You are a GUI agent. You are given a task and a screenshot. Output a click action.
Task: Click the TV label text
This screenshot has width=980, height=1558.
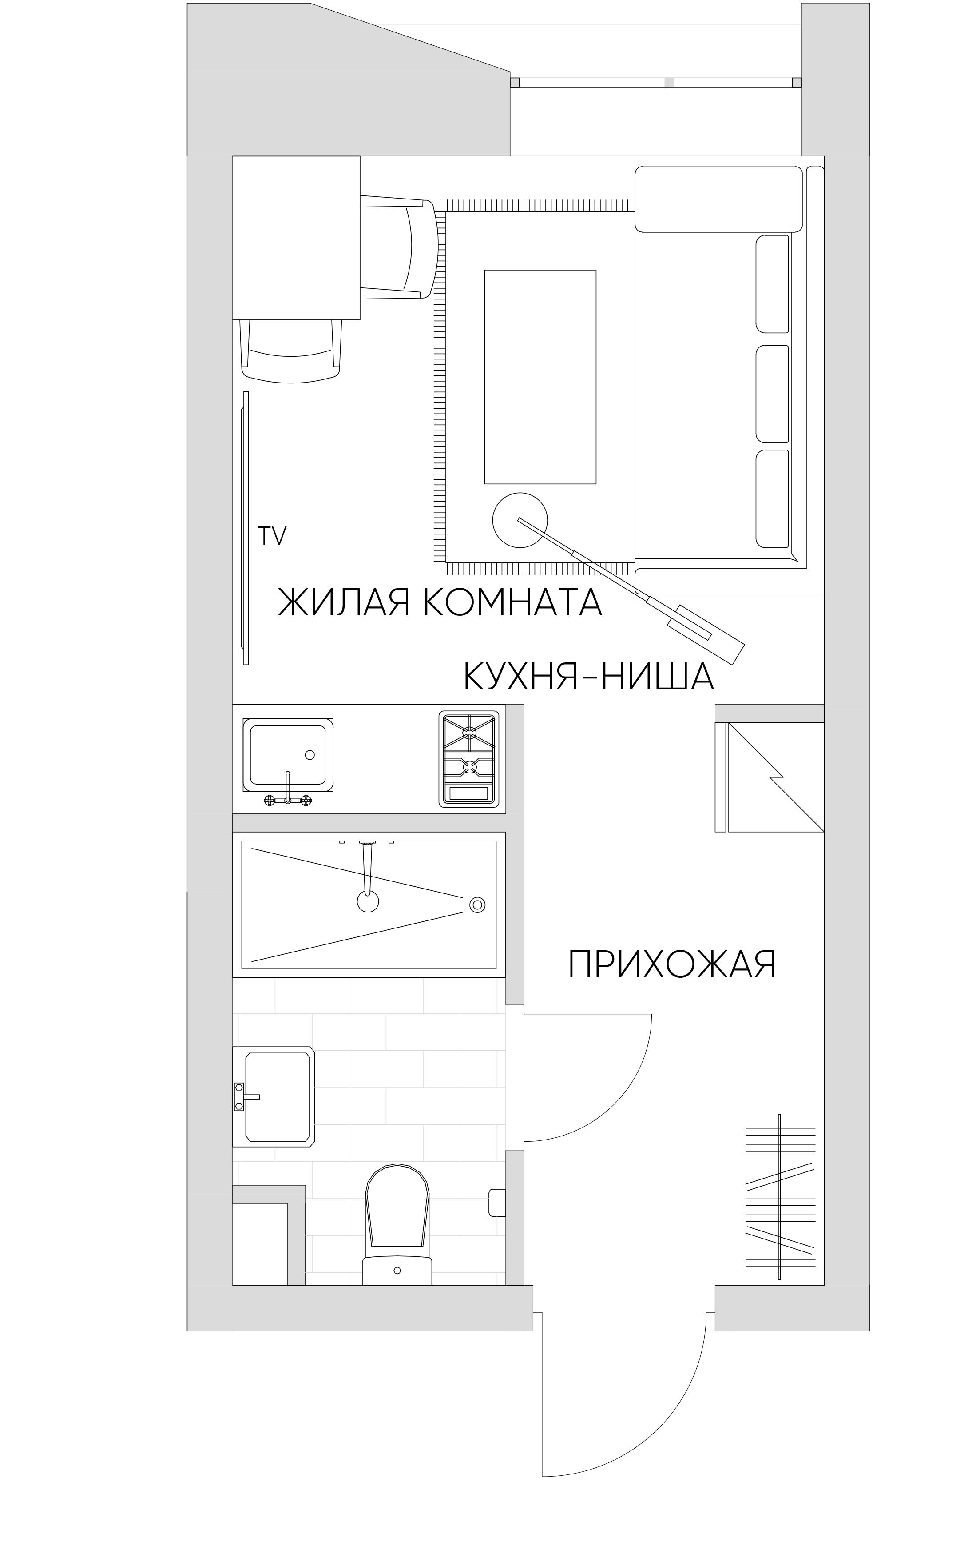click(x=272, y=536)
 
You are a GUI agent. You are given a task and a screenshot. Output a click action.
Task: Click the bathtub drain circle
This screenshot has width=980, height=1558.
click(x=477, y=905)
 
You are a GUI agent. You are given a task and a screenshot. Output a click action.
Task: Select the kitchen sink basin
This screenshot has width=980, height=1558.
click(x=288, y=754)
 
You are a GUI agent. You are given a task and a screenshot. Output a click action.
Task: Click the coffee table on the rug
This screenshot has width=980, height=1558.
click(x=540, y=377)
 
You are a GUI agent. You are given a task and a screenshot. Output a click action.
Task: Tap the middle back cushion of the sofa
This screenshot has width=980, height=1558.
click(x=772, y=393)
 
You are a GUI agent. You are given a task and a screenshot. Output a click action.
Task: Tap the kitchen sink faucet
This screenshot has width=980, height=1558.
click(x=288, y=791)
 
